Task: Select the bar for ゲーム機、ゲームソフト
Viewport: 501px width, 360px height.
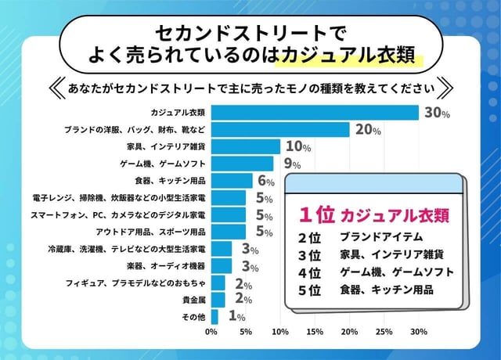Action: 242,164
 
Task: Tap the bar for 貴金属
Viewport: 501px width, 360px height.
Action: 218,300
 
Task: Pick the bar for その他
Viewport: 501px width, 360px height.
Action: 214,317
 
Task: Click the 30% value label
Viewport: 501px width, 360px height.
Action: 437,113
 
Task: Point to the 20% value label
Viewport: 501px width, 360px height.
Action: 367,130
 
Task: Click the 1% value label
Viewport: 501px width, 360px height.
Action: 236,317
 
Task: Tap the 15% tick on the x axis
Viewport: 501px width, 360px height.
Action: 315,332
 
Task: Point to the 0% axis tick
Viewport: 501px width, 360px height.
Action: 211,332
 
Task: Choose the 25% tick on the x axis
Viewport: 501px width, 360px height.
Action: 384,332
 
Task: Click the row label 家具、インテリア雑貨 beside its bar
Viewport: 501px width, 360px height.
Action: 166,147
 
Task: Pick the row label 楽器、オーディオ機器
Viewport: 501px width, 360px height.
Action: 167,266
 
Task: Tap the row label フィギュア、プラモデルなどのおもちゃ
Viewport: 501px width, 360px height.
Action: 136,283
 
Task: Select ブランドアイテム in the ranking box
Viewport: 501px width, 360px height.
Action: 381,236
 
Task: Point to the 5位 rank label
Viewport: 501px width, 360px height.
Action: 311,291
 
